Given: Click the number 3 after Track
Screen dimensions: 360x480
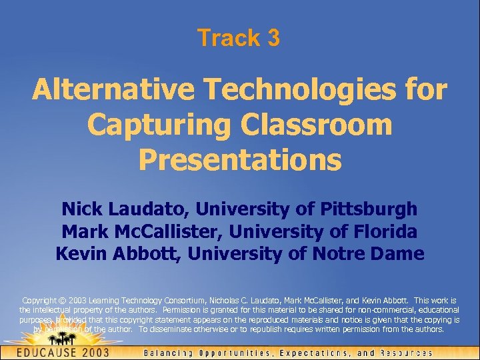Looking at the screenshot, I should click(273, 38).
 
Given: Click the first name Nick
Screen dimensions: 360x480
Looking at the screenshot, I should click(81, 209).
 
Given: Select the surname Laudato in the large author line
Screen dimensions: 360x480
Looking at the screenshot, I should click(146, 209).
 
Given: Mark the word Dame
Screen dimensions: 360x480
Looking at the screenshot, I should click(401, 254).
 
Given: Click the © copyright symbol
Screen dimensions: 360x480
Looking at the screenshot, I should click(60, 301).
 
